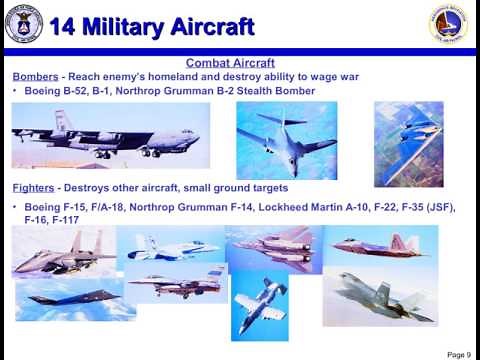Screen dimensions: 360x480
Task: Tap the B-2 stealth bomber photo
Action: click(408, 142)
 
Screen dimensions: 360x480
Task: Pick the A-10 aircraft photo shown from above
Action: click(259, 303)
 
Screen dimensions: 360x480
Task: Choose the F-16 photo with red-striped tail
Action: click(176, 284)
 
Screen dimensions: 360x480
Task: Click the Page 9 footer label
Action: click(458, 354)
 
